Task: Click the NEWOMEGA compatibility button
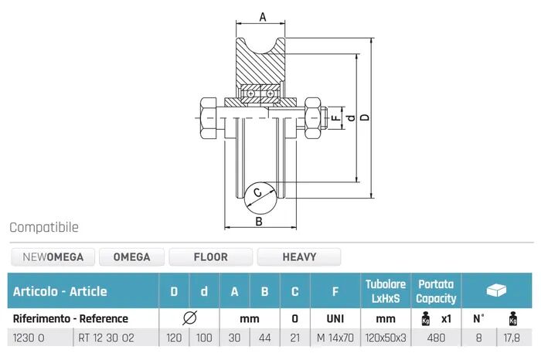tap(53, 257)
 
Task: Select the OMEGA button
tap(131, 257)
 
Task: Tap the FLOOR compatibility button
tap(210, 257)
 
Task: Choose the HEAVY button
tap(299, 257)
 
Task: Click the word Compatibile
tap(44, 227)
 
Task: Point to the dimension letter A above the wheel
tap(263, 16)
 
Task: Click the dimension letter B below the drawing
tap(259, 222)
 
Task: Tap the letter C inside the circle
tap(257, 192)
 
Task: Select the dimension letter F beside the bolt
tap(335, 118)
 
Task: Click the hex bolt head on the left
tap(209, 118)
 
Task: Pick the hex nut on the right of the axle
tap(312, 118)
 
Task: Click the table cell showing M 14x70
tap(335, 338)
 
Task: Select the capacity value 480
tap(436, 338)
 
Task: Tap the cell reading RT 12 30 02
tap(107, 338)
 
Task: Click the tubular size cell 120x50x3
tap(386, 338)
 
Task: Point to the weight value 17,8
tap(512, 338)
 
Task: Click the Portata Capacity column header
tap(436, 291)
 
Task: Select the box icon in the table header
tap(496, 290)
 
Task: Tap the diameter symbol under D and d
tap(189, 318)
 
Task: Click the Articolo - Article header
tap(60, 291)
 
